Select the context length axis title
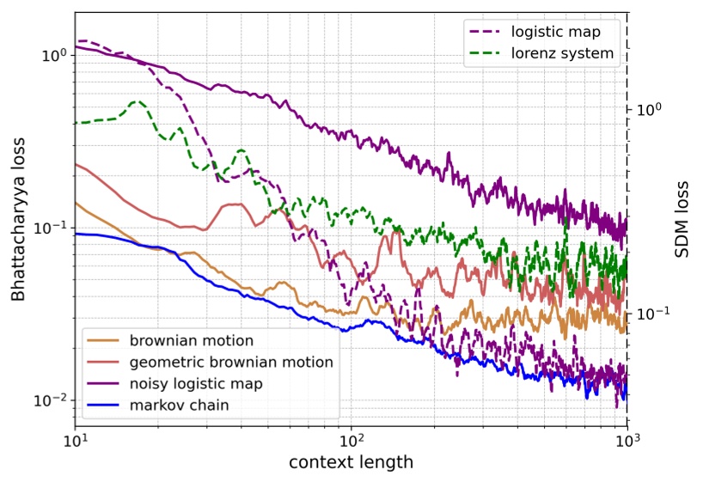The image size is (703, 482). click(351, 462)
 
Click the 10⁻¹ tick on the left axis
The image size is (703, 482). click(52, 229)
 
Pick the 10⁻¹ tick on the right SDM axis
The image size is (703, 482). click(651, 314)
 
